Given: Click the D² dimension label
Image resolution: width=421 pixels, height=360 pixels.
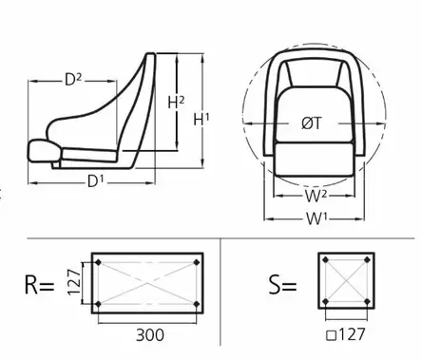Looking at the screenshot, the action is click(73, 80).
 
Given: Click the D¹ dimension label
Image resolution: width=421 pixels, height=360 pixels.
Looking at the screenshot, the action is click(96, 181).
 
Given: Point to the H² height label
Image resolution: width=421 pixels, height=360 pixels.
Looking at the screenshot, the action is click(176, 102).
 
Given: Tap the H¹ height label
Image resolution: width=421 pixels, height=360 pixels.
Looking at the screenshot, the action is click(201, 120).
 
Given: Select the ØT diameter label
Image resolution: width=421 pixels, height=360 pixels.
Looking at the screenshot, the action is click(312, 123).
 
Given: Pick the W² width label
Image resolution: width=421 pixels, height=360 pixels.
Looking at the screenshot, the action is click(316, 196).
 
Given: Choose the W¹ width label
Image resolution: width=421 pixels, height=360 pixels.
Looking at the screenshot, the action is click(316, 218).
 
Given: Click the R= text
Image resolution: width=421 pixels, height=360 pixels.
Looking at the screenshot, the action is click(39, 285).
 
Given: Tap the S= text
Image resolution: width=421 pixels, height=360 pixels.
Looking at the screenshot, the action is click(282, 284).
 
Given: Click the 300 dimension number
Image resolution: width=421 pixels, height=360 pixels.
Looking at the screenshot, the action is click(150, 335).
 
